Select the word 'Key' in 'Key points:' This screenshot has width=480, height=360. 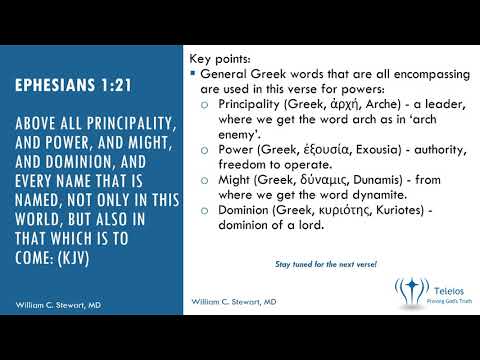(x=201, y=60)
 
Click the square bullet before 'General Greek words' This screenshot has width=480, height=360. (x=191, y=75)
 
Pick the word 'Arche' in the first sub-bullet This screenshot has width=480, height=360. (x=372, y=103)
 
